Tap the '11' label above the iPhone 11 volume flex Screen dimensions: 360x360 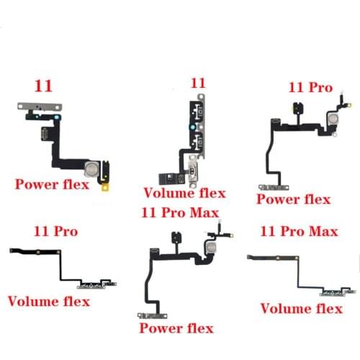click(x=197, y=83)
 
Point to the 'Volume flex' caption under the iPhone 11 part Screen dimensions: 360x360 click(x=185, y=192)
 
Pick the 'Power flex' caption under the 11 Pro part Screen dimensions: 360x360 click(x=293, y=199)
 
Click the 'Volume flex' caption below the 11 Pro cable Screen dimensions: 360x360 click(x=48, y=301)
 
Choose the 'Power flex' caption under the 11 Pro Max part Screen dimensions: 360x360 click(x=176, y=328)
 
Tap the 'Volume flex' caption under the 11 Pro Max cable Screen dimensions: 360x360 click(x=301, y=309)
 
